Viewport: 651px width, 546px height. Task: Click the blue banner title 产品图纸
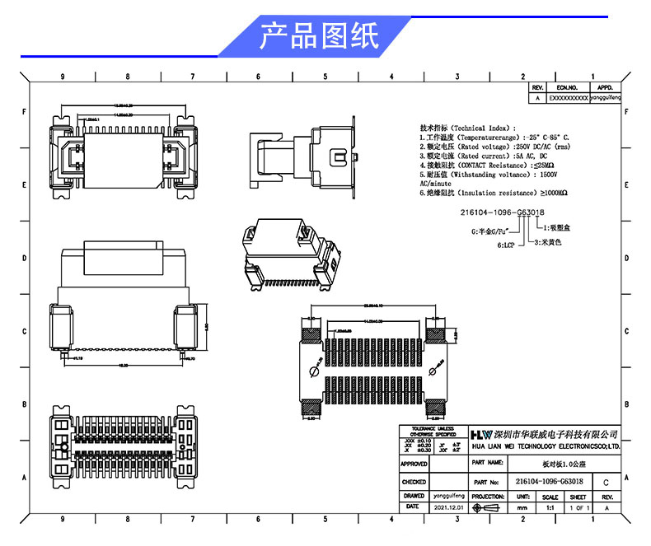coord(320,36)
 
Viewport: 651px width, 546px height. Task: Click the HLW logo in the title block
coord(481,434)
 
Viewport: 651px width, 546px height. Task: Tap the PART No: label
coord(487,482)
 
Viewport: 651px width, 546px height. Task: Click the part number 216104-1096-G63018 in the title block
coord(550,482)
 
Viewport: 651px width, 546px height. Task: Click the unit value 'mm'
coord(522,509)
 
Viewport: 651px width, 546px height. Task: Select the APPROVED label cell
coord(414,464)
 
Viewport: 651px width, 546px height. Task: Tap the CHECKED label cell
coord(414,482)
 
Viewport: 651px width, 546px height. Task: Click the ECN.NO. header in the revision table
coord(568,86)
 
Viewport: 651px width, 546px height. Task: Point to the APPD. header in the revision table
coord(605,86)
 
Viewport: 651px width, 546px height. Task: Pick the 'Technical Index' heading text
coord(480,128)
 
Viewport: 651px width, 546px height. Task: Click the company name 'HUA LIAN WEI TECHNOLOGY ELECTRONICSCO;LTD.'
coord(545,446)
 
